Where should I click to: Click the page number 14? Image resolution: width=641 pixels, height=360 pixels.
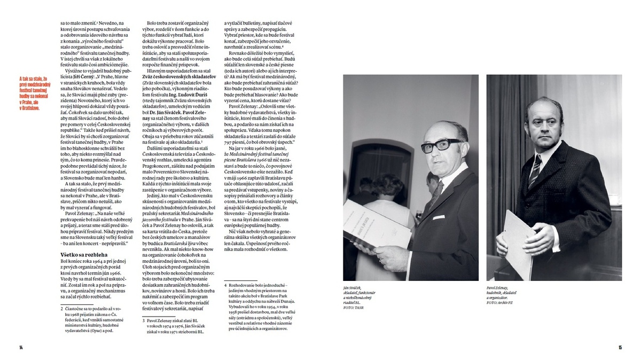21,348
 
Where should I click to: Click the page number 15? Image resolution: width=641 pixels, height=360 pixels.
620,348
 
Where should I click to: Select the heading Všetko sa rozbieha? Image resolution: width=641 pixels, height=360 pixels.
84,254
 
